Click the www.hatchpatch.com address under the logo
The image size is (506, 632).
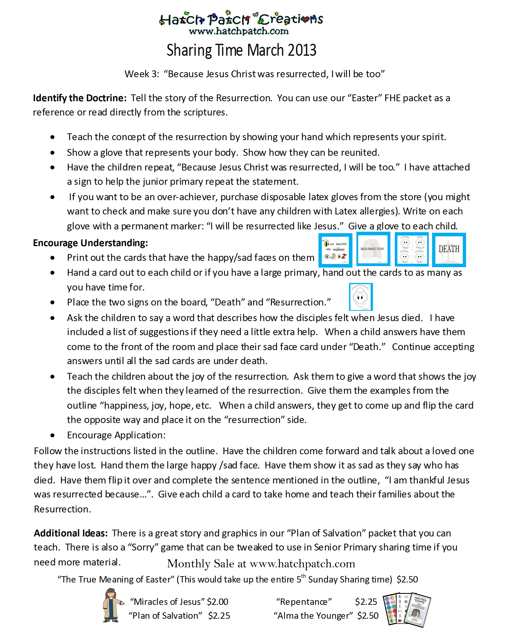(x=238, y=31)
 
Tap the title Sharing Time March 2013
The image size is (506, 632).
(x=241, y=50)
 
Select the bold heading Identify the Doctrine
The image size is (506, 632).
(x=79, y=98)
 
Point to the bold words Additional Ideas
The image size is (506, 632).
(x=71, y=533)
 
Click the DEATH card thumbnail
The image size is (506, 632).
(x=449, y=250)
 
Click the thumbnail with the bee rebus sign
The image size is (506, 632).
(x=335, y=250)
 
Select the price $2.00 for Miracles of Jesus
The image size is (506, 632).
(x=217, y=602)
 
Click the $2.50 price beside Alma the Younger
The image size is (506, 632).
(x=368, y=616)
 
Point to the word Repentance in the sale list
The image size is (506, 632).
(x=304, y=602)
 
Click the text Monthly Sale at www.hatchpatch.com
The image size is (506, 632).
(x=261, y=564)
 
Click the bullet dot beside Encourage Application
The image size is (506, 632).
(x=52, y=435)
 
